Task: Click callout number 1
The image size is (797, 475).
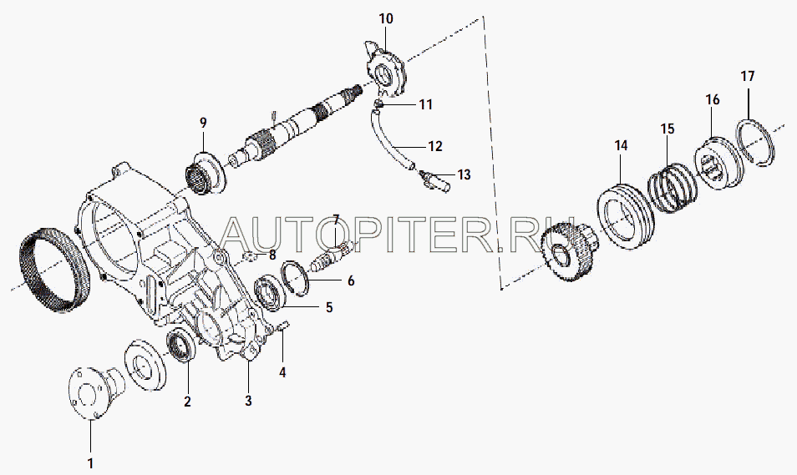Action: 91,462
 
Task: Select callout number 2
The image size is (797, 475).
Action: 187,402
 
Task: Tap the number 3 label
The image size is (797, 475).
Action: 248,401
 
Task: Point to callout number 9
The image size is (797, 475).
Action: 202,124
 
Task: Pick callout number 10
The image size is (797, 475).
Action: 385,18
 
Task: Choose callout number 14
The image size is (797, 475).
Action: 621,145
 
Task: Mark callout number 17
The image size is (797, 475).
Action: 748,76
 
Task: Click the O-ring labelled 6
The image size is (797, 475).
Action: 295,277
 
